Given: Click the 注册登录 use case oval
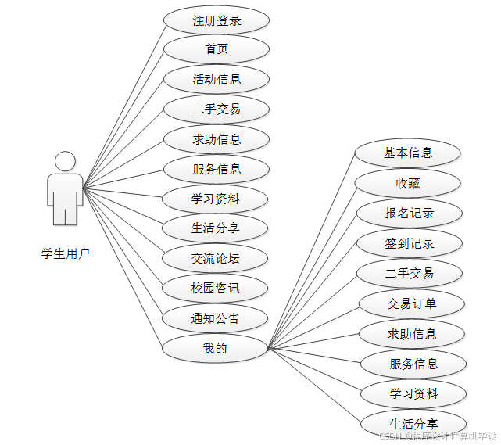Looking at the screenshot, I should click(217, 20).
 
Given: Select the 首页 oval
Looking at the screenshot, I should click(217, 49).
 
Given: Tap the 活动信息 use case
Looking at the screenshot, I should click(217, 79).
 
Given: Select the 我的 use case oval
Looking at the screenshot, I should click(215, 348).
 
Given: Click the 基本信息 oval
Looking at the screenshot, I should click(407, 153).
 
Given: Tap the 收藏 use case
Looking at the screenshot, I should click(408, 183).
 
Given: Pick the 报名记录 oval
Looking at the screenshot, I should click(409, 213).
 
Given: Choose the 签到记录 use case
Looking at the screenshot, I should click(410, 243).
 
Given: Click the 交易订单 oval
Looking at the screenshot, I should click(411, 303).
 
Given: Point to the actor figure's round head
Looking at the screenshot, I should click(65, 161).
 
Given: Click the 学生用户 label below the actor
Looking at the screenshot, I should click(65, 253).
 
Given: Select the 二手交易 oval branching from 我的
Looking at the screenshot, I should click(410, 274).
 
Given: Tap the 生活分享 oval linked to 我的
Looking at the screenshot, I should click(413, 424).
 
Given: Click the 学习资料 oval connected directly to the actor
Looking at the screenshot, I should click(216, 199).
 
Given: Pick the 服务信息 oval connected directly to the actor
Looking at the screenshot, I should click(217, 169).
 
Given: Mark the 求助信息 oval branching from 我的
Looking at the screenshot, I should click(412, 334).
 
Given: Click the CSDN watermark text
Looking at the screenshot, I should click(438, 436).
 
